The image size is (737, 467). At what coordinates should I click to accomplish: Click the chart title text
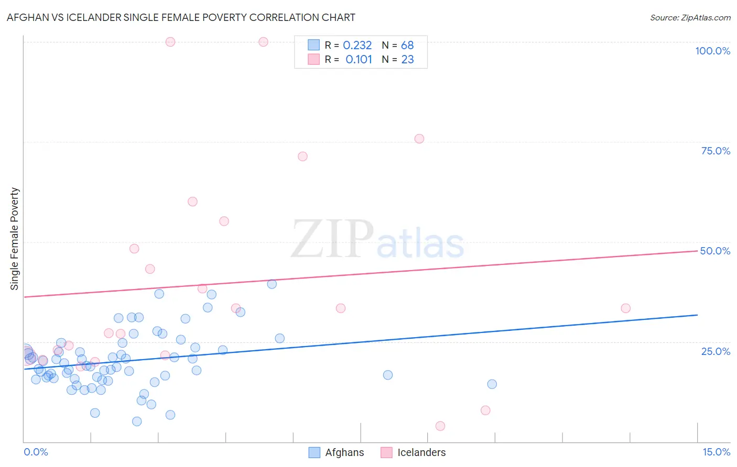(181, 17)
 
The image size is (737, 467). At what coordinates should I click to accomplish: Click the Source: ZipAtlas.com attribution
(690, 17)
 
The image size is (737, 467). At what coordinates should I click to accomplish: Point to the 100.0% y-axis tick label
(712, 51)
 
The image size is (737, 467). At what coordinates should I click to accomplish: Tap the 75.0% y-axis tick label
(716, 151)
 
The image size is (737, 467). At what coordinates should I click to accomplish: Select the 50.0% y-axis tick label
(715, 251)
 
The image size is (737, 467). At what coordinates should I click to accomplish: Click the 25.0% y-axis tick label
(716, 351)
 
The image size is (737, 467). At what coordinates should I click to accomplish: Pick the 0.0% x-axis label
(36, 452)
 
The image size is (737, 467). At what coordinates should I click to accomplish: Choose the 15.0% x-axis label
(716, 452)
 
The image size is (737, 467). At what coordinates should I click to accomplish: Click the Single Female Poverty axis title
(15, 239)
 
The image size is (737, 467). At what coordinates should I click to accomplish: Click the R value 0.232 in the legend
(357, 46)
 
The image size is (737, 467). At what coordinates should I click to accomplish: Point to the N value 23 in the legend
(407, 60)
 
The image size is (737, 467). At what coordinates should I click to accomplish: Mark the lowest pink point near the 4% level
(440, 426)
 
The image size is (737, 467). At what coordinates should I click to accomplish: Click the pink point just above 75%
(419, 139)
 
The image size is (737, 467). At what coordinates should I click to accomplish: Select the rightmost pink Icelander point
(625, 308)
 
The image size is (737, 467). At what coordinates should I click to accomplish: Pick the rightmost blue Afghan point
(492, 384)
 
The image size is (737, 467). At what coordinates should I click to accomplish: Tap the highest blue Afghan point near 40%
(272, 284)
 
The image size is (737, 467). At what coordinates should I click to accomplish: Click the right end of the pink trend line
(697, 251)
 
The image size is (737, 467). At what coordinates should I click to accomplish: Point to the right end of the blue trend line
(697, 315)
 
